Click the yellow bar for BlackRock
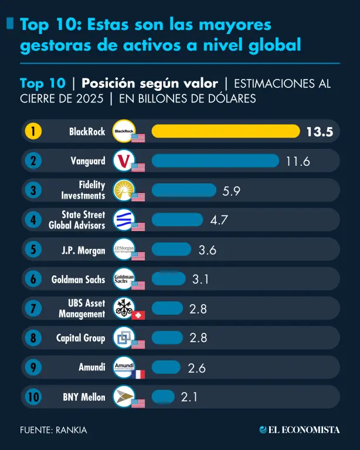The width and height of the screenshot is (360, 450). point(226,131)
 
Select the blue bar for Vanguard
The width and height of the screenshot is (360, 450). point(215,161)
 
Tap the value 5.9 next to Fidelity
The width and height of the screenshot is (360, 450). point(232,190)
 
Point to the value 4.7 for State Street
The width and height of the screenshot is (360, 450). point(219,220)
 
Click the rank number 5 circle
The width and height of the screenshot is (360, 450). point(33,250)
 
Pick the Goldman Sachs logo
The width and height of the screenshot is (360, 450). point(124,278)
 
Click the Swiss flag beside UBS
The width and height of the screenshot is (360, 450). point(138,315)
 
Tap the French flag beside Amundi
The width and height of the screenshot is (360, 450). point(138,374)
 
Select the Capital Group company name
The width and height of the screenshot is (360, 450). point(81,338)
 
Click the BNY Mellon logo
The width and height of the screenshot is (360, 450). point(124,397)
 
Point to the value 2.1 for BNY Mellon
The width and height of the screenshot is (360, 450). point(189,397)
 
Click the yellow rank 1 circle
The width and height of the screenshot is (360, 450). point(33,131)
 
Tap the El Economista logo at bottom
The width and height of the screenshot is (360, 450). point(299,429)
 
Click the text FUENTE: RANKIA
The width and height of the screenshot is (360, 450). point(53,430)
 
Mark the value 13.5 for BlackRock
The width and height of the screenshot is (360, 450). point(319,132)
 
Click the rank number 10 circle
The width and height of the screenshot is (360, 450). point(33,397)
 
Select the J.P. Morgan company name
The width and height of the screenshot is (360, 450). point(83,250)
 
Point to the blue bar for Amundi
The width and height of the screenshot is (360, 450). point(166,367)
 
